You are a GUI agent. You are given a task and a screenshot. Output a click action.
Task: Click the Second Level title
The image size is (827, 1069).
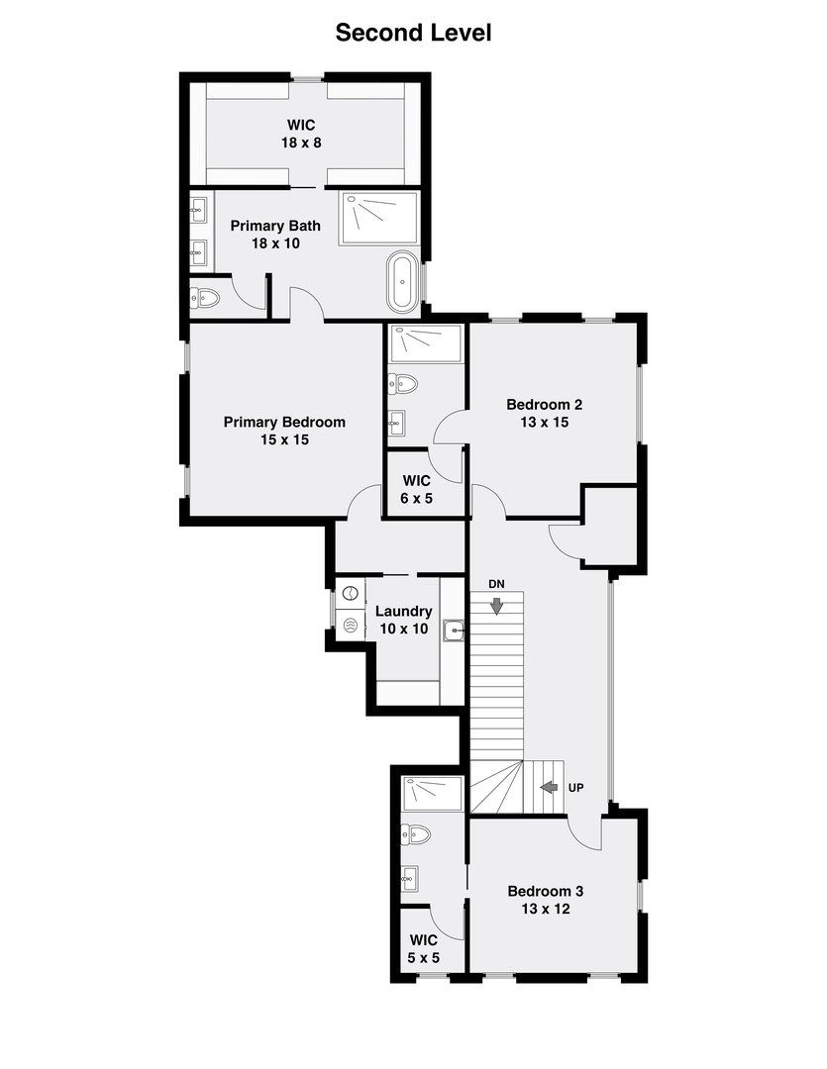point(413,33)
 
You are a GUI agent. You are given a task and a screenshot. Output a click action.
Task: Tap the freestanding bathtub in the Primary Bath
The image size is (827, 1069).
point(401,281)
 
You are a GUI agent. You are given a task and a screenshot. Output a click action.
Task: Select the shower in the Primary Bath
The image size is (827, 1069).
point(380,218)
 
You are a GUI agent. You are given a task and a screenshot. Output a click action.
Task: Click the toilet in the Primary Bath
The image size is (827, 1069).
point(205,297)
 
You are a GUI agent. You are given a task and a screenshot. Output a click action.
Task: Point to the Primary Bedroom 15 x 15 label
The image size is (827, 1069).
point(284,431)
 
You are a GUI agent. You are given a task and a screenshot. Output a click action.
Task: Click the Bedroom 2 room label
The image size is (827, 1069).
point(544,413)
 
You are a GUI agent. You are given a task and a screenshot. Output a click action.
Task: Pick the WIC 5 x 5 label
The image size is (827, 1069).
point(423,948)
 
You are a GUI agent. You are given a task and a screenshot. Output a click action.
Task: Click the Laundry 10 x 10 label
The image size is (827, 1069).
point(403,620)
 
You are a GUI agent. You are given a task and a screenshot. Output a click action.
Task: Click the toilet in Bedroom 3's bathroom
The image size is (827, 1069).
point(417,834)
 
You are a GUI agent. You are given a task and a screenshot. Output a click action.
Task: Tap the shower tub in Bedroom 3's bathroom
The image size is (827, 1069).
point(433,793)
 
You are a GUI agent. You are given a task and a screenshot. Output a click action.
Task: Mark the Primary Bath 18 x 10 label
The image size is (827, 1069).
point(275,234)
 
